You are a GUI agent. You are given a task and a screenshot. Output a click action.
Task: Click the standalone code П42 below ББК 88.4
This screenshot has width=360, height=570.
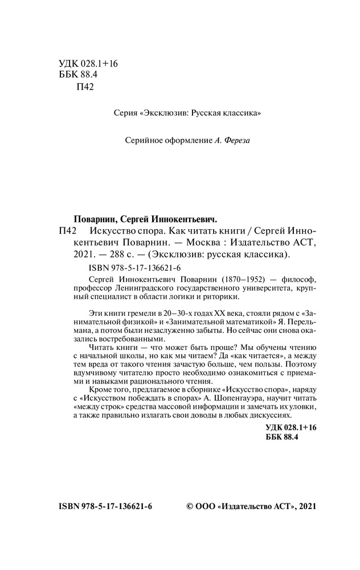(84, 87)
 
